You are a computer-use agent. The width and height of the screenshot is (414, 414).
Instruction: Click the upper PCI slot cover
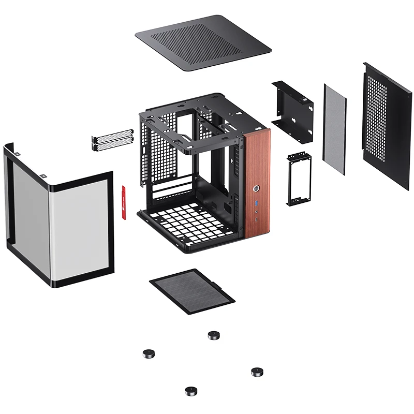(x=112, y=137)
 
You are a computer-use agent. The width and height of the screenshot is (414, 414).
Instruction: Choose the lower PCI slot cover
(x=112, y=146)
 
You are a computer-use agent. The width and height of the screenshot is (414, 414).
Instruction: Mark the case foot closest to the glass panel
(x=149, y=354)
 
